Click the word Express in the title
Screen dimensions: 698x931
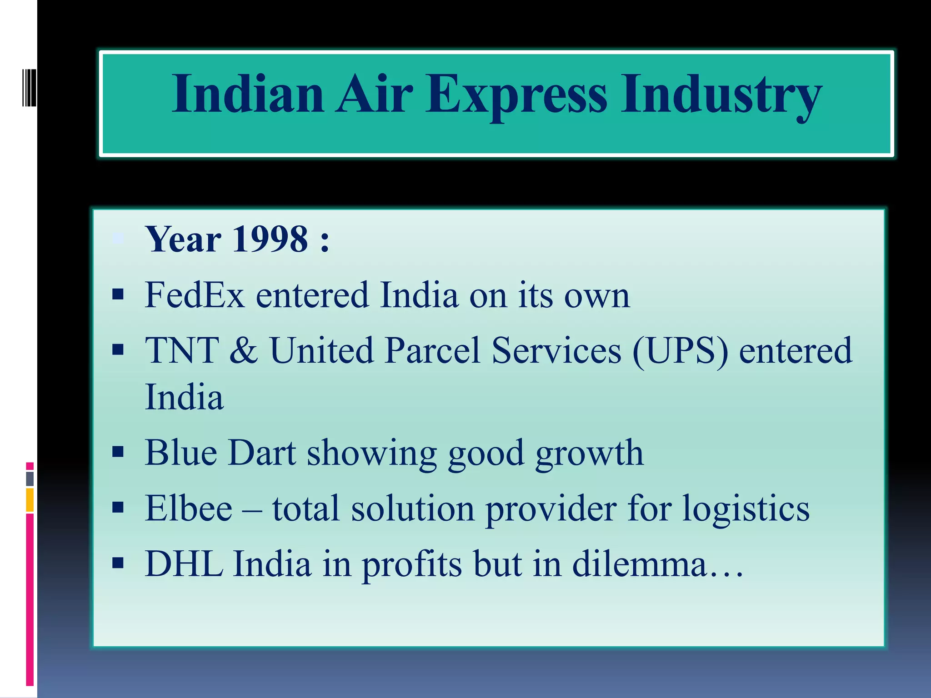click(516, 95)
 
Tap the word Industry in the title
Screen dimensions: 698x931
click(721, 95)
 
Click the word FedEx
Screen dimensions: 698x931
click(195, 295)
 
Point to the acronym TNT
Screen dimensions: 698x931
click(181, 350)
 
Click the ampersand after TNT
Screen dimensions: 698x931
click(244, 350)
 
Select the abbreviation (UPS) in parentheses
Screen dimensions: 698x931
click(680, 350)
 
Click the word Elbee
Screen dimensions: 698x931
click(188, 508)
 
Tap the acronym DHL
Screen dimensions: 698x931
click(184, 564)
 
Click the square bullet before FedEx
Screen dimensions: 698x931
click(118, 295)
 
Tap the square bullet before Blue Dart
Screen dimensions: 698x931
click(118, 452)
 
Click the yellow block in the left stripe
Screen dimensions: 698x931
click(30, 500)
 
